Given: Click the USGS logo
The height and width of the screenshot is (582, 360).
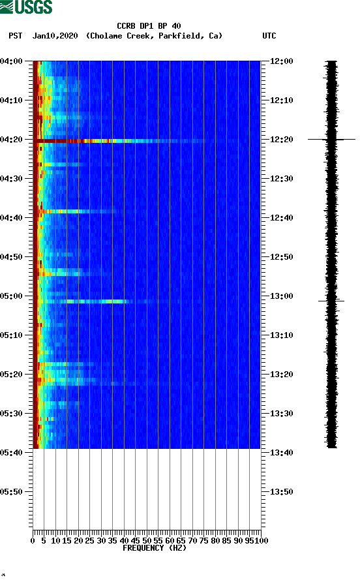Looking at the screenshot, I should click(x=26, y=7).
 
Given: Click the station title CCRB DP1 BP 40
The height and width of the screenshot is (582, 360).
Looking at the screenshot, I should click(x=149, y=26).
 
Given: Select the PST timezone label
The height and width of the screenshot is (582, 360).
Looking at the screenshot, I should click(x=16, y=36).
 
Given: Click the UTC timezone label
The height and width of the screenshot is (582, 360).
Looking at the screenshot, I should click(x=269, y=36).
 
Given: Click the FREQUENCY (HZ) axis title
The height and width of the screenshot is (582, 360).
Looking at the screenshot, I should click(x=154, y=548).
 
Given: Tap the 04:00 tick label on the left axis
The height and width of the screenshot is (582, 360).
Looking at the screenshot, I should click(x=12, y=61).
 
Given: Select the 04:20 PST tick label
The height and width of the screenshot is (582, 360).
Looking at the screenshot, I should click(x=12, y=140).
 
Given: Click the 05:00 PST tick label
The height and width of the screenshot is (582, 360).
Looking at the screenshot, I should click(x=12, y=296).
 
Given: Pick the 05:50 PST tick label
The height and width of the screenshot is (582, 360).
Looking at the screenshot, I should click(x=12, y=492).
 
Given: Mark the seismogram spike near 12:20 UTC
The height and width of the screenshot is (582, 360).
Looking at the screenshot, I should click(x=331, y=139).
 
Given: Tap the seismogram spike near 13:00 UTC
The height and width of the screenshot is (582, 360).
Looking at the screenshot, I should click(x=331, y=301).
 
